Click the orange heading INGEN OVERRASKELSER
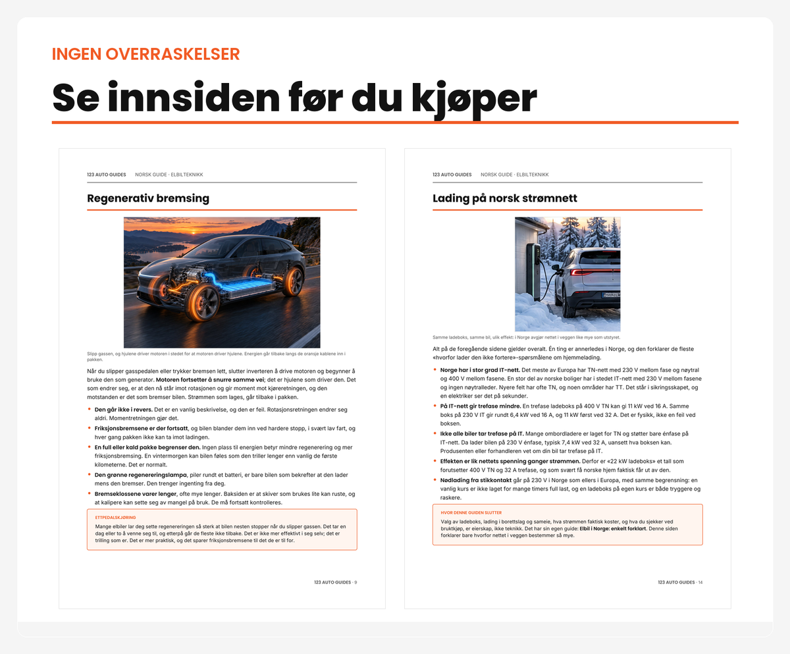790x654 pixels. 145,54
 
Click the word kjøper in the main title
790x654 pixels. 474,99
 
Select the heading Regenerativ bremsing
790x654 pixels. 148,198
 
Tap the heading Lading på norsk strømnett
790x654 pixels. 505,198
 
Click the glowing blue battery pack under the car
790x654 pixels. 242,285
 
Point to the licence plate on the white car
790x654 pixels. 611,294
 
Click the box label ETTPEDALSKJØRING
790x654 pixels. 115,518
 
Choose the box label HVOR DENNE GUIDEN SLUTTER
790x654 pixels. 471,513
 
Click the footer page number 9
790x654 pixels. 355,582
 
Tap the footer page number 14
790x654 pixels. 700,582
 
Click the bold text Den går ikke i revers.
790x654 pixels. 123,410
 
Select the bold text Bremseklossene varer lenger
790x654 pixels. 136,494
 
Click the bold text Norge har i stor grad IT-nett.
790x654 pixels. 480,370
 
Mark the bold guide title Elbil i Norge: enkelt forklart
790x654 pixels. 612,529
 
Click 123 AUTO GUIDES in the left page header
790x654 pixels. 106,175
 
